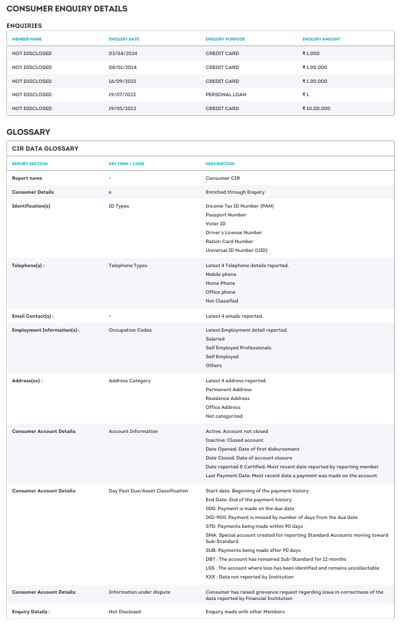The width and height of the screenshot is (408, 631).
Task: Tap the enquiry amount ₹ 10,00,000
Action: pyautogui.click(x=316, y=108)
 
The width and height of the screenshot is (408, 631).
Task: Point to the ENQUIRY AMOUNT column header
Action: pyautogui.click(x=321, y=39)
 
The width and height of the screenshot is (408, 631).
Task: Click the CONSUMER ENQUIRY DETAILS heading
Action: pyautogui.click(x=66, y=9)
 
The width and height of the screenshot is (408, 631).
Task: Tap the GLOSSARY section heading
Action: pyautogui.click(x=28, y=132)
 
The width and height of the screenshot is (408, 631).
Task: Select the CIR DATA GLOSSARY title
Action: pyautogui.click(x=45, y=148)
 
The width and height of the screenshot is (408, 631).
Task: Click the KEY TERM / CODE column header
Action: pyautogui.click(x=127, y=164)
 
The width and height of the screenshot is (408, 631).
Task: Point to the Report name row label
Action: pyautogui.click(x=27, y=178)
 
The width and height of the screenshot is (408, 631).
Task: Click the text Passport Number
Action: pyautogui.click(x=226, y=215)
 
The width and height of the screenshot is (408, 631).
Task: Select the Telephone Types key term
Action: pyautogui.click(x=128, y=265)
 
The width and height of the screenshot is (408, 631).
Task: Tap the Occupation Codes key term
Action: pyautogui.click(x=130, y=330)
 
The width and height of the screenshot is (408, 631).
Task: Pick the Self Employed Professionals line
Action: pyautogui.click(x=238, y=347)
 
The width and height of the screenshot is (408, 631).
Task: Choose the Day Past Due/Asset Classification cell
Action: pyautogui.click(x=148, y=490)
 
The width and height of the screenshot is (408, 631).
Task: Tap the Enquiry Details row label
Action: pyautogui.click(x=31, y=611)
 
